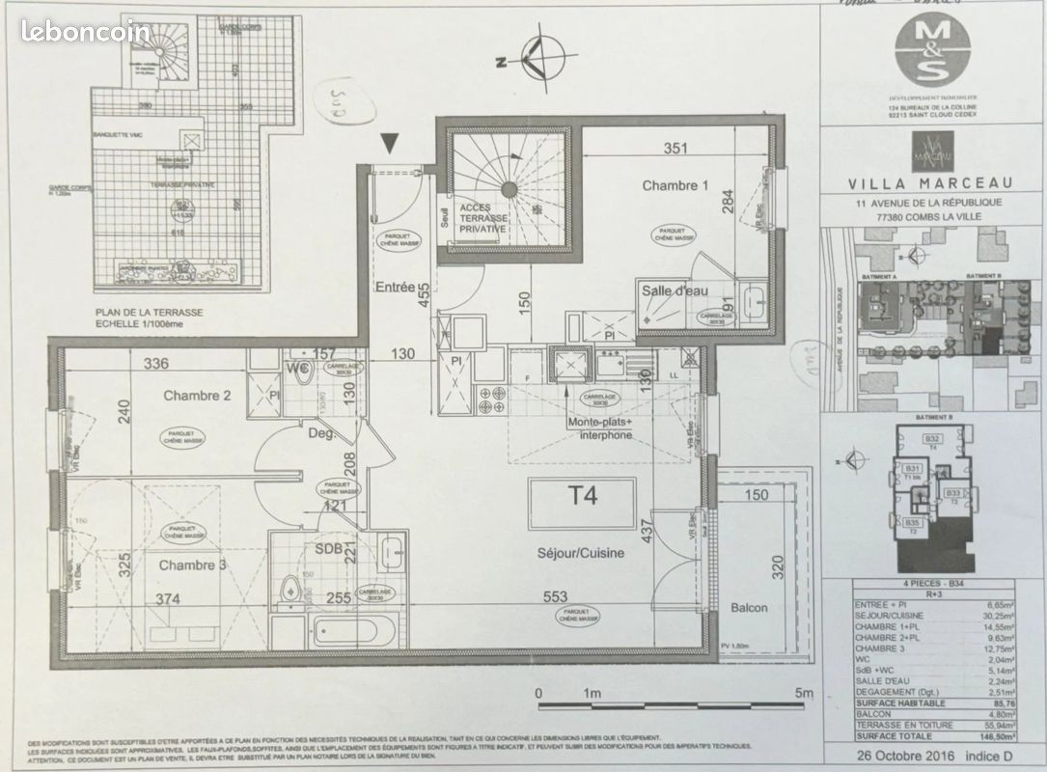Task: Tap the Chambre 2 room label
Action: [x=196, y=396]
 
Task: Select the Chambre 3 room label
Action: [x=192, y=565]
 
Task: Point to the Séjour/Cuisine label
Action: [x=581, y=553]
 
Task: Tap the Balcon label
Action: [x=749, y=607]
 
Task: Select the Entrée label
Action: [x=395, y=287]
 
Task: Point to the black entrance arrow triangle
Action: [x=389, y=144]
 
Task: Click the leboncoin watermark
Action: [x=85, y=31]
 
